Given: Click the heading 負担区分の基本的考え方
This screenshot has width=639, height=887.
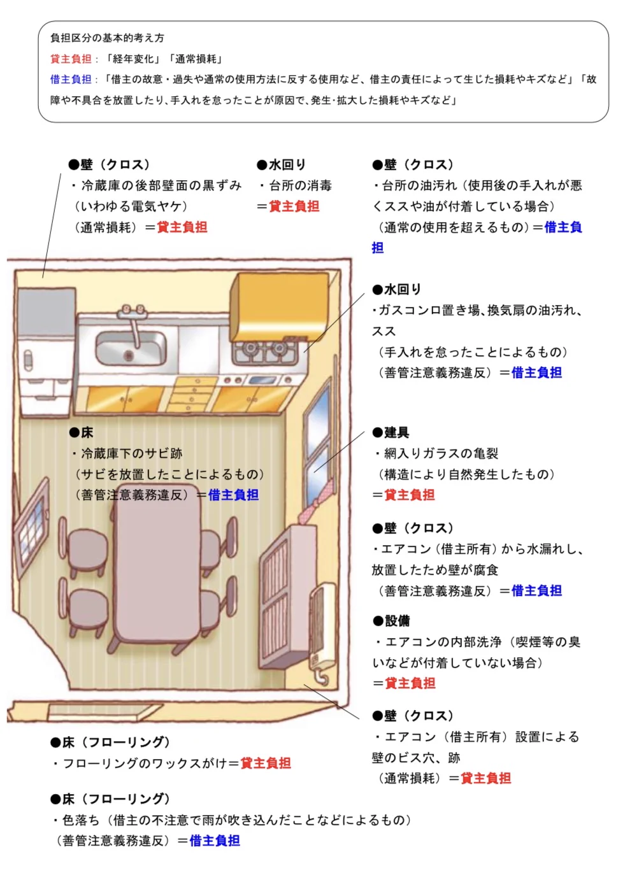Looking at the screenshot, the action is pos(107,38).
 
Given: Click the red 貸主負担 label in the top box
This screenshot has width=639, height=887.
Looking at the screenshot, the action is pos(71,59).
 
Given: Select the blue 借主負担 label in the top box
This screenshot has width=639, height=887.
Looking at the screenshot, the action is pos(71,80).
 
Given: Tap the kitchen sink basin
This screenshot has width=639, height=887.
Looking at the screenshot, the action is pos(131,348).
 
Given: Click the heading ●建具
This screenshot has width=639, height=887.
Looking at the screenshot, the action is pos(391,433).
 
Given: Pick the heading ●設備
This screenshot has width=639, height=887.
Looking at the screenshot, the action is pos(391,621).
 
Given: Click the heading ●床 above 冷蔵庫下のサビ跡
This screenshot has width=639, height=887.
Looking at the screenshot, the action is pos(81,433).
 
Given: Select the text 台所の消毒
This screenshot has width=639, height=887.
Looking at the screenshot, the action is pos(300,186).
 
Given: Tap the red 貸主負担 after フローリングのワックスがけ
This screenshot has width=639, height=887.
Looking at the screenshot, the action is pos(266,763).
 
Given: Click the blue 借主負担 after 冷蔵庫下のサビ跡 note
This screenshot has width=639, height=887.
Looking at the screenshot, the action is pos(233,495).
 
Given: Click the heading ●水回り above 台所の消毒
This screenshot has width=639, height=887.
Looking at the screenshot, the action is pos(281,165).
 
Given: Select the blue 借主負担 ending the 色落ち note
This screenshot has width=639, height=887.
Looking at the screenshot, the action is pos(215,841).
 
